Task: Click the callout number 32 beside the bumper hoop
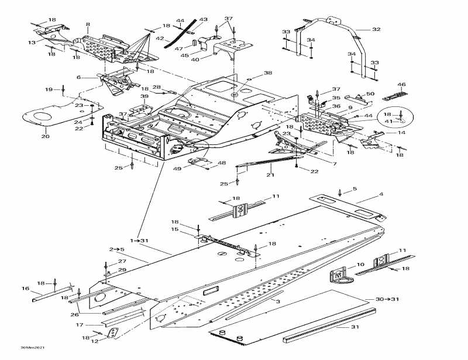tap(376, 29)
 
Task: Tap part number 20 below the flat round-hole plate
tap(45, 137)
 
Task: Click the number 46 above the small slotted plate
tap(401, 85)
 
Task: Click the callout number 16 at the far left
tap(25, 289)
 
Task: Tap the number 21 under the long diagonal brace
tap(270, 175)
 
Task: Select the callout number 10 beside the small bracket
tap(360, 265)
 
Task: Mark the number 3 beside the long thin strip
tap(278, 301)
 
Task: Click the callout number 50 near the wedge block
tap(370, 94)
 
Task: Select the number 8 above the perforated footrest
tap(88, 25)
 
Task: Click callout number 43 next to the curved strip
tap(203, 19)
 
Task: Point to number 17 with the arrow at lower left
tap(80, 324)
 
